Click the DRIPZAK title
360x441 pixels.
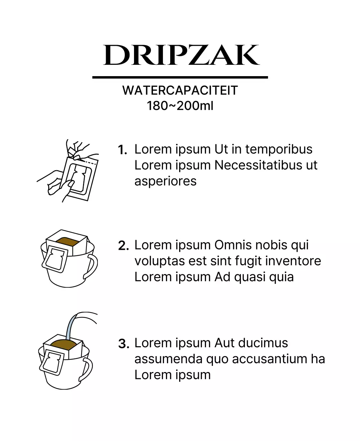tap(181, 55)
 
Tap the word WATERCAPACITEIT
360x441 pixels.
tap(180, 90)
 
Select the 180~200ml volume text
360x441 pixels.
tap(180, 105)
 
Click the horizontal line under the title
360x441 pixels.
tap(180, 78)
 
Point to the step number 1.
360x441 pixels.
tap(123, 150)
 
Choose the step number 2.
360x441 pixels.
tap(123, 246)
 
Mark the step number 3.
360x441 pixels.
tap(124, 344)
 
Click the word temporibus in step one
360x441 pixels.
tap(279, 150)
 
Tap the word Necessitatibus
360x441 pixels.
tap(258, 165)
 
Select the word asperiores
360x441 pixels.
tap(165, 182)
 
